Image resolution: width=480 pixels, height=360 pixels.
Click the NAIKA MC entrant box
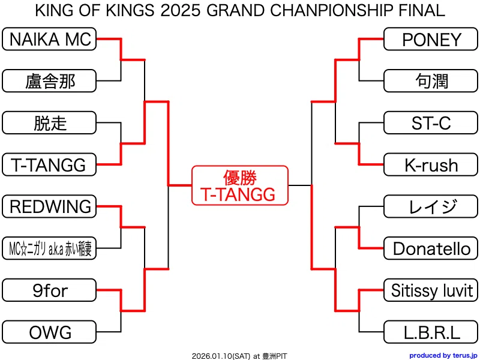(x=49, y=39)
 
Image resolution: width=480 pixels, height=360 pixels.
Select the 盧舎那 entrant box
(x=49, y=81)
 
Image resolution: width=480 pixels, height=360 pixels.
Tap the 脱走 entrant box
(x=49, y=123)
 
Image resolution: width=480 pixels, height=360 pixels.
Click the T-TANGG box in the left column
(x=49, y=164)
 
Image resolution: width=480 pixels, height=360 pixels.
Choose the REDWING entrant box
(x=49, y=206)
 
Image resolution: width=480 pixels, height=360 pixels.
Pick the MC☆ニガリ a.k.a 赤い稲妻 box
(x=49, y=248)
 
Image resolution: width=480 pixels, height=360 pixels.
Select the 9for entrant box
(x=49, y=290)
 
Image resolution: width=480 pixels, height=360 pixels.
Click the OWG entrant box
(x=49, y=332)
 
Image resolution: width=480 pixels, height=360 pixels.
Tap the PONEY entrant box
(x=431, y=39)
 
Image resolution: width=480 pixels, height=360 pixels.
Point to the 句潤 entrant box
(x=431, y=81)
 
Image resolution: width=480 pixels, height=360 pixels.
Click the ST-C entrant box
(x=431, y=123)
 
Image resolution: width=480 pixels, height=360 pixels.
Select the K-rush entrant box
(x=431, y=164)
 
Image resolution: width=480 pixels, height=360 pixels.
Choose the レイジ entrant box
(x=431, y=206)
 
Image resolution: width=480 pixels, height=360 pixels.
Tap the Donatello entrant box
(x=431, y=248)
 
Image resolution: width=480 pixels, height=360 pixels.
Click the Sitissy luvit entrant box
(x=431, y=290)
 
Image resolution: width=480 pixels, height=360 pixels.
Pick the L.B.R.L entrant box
(x=431, y=332)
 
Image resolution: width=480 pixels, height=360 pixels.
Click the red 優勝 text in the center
(x=239, y=178)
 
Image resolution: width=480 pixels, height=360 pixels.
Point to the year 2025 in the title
(x=180, y=10)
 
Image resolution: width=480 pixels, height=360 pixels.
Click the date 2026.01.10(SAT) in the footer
(x=221, y=356)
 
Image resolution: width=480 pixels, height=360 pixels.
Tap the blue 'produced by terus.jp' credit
(x=443, y=355)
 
